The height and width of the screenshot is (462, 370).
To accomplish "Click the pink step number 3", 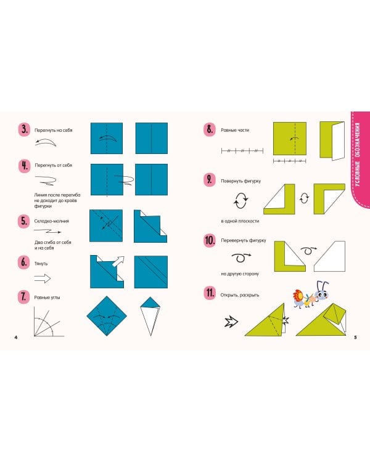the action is tap(24, 129).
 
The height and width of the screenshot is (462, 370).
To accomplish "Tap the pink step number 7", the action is tap(23, 297).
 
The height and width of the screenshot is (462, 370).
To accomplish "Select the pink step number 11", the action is tap(210, 293).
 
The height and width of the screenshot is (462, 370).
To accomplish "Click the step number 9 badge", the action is tap(210, 180).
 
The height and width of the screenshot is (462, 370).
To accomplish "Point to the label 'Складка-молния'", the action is tap(52, 221).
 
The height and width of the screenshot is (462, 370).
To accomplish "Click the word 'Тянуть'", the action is tap(41, 264).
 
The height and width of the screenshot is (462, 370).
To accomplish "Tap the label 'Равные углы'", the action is tap(47, 298).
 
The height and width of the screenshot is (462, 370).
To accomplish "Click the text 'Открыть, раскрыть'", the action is tap(240, 295).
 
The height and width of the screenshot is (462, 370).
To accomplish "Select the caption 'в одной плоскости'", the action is tap(240, 221).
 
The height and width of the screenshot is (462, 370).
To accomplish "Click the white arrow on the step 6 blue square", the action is tap(118, 261).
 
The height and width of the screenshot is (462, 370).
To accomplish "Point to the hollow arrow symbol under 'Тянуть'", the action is tap(43, 278).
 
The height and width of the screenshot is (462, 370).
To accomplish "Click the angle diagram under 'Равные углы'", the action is tap(49, 322).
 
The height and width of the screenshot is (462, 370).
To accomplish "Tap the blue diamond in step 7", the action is tap(107, 316).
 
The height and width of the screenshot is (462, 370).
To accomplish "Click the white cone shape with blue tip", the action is tap(150, 317).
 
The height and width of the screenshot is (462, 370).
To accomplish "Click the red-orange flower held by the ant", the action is tap(298, 296).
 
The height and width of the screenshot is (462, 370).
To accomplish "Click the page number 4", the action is tap(16, 337).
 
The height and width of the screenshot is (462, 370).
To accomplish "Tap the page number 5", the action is tap(355, 337).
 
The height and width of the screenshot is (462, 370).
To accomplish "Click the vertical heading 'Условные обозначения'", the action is tap(357, 154).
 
